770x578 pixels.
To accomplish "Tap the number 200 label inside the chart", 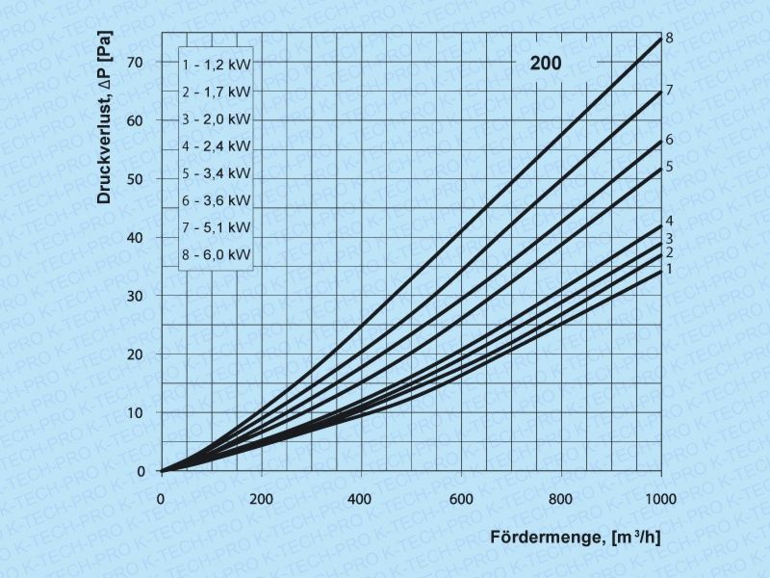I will click(x=545, y=65).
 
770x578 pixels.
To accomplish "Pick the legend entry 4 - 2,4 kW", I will click(x=216, y=146).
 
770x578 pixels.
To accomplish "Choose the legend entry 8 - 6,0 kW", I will click(x=216, y=256).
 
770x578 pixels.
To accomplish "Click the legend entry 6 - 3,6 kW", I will click(x=216, y=201).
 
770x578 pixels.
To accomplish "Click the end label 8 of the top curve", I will click(x=668, y=38).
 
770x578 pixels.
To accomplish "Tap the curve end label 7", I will click(x=668, y=90).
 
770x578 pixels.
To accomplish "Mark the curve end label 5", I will click(x=668, y=167).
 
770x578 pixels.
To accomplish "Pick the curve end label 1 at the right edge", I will click(x=668, y=269).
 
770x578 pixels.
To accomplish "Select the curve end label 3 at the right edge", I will click(x=668, y=238).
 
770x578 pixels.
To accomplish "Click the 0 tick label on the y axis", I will click(x=141, y=471).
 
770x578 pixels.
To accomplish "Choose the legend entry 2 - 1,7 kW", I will click(x=216, y=92).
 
